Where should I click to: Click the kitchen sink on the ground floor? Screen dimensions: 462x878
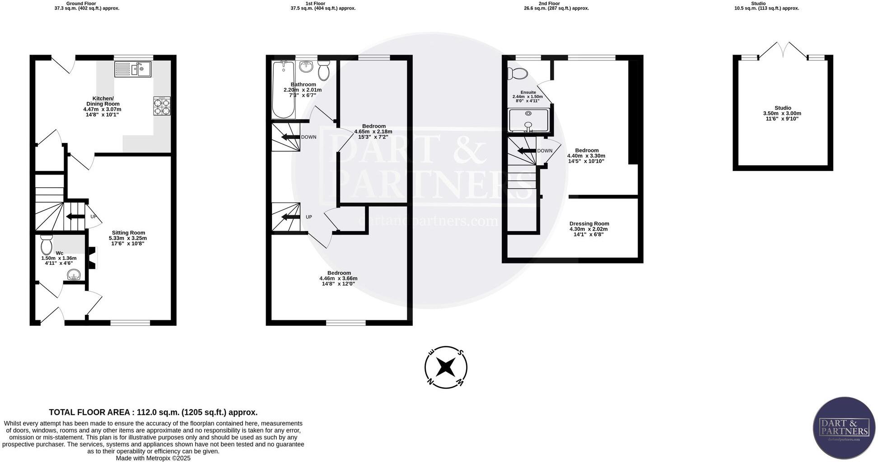pyautogui.click(x=133, y=69)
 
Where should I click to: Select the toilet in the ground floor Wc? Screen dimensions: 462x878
pyautogui.click(x=46, y=245)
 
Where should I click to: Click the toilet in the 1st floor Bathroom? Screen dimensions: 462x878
pyautogui.click(x=323, y=71)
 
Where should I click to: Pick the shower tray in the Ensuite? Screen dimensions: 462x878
pyautogui.click(x=528, y=120)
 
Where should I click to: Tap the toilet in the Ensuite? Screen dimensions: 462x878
pyautogui.click(x=517, y=73)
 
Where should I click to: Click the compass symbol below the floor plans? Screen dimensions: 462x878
pyautogui.click(x=446, y=367)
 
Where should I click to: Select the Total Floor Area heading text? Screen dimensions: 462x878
pyautogui.click(x=153, y=412)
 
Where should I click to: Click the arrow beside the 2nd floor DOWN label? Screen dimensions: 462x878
pyautogui.click(x=527, y=151)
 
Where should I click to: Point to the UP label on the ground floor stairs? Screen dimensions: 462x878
pyautogui.click(x=93, y=217)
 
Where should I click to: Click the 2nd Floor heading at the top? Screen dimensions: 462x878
pyautogui.click(x=549, y=4)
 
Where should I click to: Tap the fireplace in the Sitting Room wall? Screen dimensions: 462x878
pyautogui.click(x=92, y=259)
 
